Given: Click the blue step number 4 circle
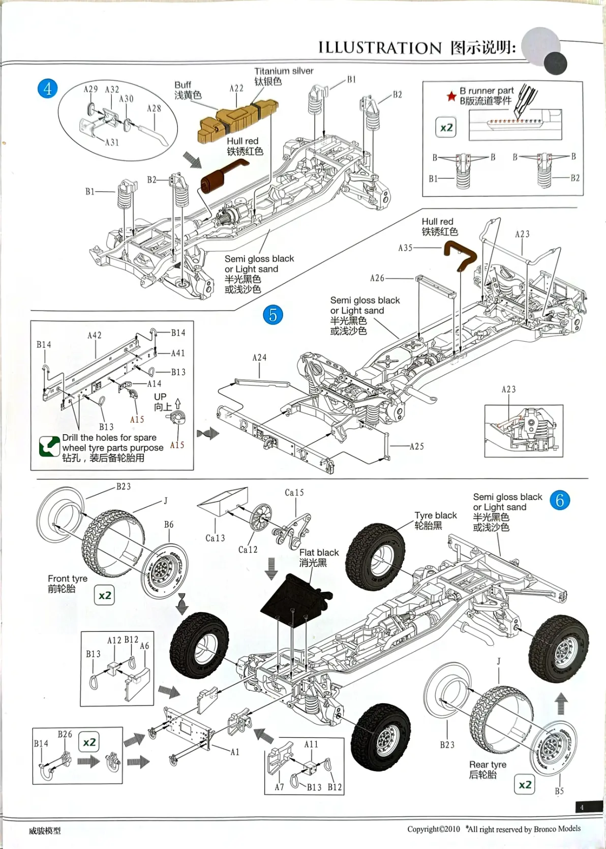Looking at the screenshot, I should [x=47, y=89].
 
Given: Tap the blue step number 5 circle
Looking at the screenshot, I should [x=273, y=315].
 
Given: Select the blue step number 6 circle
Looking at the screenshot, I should [x=560, y=500].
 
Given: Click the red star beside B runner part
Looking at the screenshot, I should [x=451, y=96].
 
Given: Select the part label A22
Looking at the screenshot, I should [x=236, y=88].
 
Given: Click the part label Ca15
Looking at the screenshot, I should [x=294, y=493].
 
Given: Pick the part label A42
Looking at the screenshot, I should [x=95, y=336].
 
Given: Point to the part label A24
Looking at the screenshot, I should [x=259, y=358].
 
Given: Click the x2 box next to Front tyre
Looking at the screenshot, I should [x=104, y=595].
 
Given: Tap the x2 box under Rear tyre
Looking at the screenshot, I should [x=525, y=785].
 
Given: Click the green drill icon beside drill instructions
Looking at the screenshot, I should [x=49, y=447].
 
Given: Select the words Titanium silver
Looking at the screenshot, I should [x=284, y=71].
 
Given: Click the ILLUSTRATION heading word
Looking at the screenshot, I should [x=380, y=48].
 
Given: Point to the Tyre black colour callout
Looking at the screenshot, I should [x=436, y=516].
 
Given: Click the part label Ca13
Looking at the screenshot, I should [x=215, y=538].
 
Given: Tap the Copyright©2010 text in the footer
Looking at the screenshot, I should [x=433, y=829].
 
